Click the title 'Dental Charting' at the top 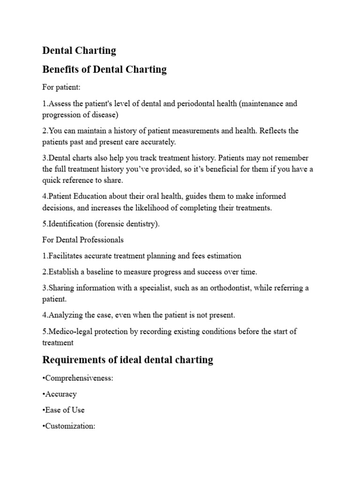click(x=79, y=50)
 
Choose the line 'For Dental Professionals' click(x=83, y=240)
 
